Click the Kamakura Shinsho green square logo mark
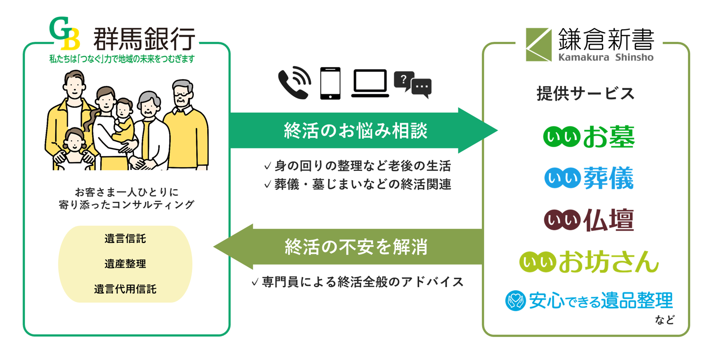tap(538, 44)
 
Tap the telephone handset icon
tap(294, 83)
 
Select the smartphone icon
tap(330, 83)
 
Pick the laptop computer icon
tap(370, 83)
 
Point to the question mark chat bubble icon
tap(412, 84)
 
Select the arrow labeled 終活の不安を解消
tap(355, 247)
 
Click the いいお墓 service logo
tap(589, 137)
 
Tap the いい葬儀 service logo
tap(589, 178)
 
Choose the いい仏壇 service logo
tap(589, 220)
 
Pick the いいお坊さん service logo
tap(589, 262)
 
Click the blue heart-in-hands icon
tap(515, 301)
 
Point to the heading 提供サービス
tap(585, 94)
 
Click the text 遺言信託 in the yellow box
tap(125, 239)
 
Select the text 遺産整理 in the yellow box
tap(125, 264)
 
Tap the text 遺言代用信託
tap(125, 289)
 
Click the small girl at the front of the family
tap(75, 149)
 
